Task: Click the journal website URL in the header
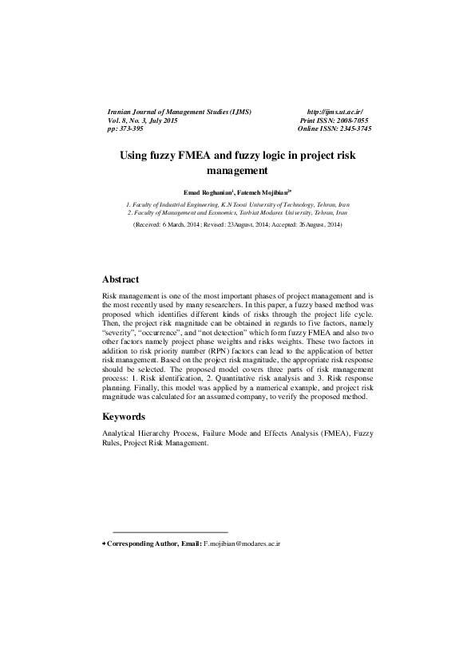(334, 112)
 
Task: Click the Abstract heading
(121, 279)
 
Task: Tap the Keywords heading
(124, 417)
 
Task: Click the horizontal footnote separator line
(170, 532)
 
